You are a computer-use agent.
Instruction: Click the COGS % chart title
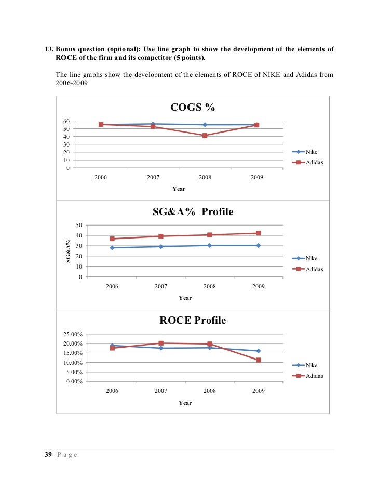pyautogui.click(x=192, y=108)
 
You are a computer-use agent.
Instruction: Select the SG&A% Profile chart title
pyautogui.click(x=192, y=212)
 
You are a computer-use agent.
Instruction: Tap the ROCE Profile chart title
pyautogui.click(x=192, y=321)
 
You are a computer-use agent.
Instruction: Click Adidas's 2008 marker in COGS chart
pyautogui.click(x=205, y=136)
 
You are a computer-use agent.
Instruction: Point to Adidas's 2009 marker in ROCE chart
pyautogui.click(x=258, y=360)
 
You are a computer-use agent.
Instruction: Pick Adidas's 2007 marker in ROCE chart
pyautogui.click(x=161, y=343)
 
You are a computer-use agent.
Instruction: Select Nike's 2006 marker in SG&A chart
pyautogui.click(x=112, y=248)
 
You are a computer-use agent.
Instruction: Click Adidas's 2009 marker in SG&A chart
pyautogui.click(x=258, y=233)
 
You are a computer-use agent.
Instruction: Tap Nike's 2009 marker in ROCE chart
pyautogui.click(x=258, y=351)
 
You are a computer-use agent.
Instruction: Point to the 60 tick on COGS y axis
pyautogui.click(x=67, y=121)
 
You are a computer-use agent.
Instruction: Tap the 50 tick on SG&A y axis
pyautogui.click(x=79, y=225)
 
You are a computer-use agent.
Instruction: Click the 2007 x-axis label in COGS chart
pyautogui.click(x=153, y=178)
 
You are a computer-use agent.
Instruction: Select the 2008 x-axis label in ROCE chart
pyautogui.click(x=210, y=391)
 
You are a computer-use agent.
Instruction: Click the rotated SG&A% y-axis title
pyautogui.click(x=68, y=251)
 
